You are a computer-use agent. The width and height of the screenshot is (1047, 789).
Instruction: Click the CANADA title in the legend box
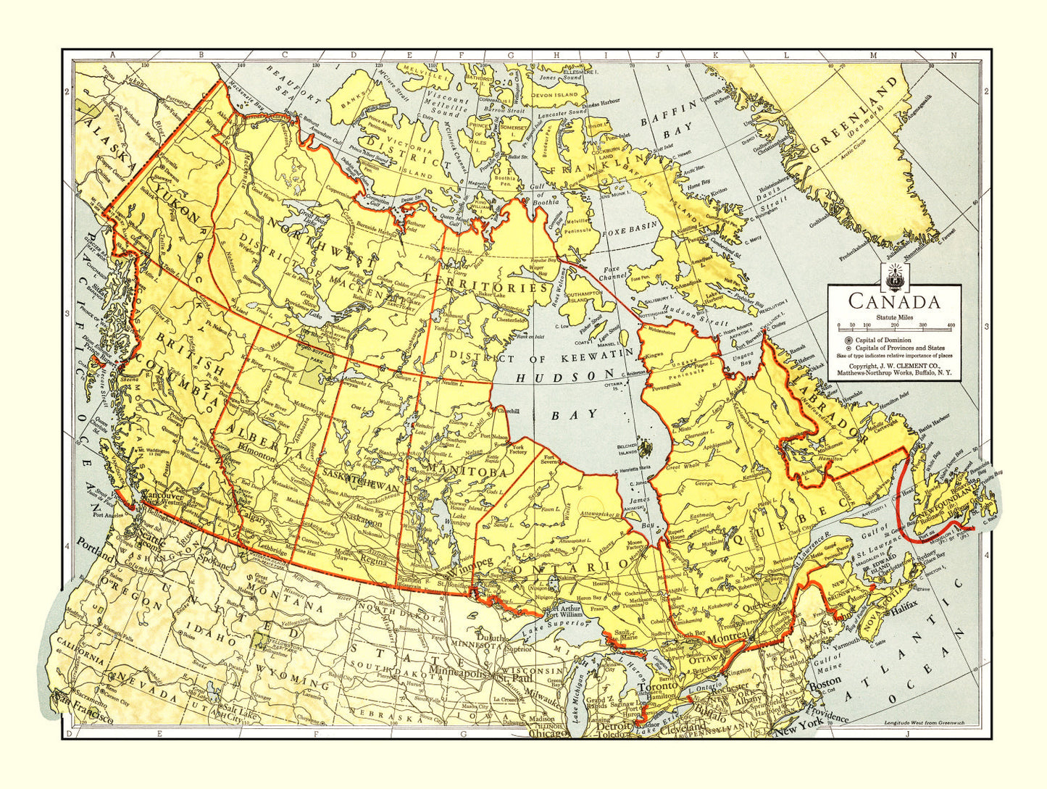tap(894, 301)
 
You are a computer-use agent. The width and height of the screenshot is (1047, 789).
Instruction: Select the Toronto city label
tap(657, 685)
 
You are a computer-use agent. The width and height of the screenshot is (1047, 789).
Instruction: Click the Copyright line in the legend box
tap(894, 367)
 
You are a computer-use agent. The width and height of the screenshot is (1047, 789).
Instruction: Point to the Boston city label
tap(825, 682)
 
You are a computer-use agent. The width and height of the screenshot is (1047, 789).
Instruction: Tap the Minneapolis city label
tap(457, 672)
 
